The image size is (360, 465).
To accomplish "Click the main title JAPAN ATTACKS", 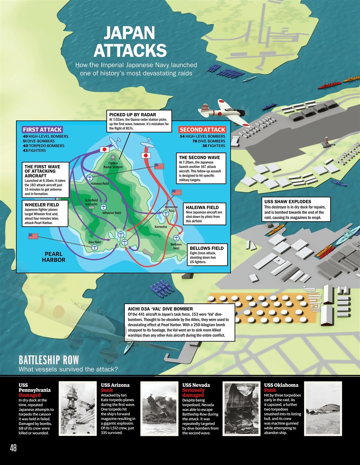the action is (130, 42).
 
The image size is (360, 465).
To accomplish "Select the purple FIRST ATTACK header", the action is (42, 130).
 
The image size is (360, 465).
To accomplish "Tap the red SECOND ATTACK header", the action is (202, 130).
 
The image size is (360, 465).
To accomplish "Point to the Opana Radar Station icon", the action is (113, 158).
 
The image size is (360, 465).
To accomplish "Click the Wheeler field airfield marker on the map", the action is (103, 207).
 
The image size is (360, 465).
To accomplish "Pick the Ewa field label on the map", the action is (95, 242).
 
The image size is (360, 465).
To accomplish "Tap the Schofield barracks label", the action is (91, 202).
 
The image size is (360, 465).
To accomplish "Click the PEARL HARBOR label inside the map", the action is (53, 257).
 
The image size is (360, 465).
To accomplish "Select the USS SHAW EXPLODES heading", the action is (287, 202).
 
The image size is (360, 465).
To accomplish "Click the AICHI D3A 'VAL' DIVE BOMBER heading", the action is (160, 309).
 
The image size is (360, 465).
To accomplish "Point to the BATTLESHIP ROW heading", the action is (49, 360).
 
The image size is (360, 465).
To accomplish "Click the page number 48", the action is (13, 448).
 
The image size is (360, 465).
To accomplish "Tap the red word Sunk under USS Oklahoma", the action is (270, 390).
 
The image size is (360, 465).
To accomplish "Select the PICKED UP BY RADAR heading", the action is (132, 114).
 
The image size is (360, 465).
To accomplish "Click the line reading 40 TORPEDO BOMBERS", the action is (44, 146).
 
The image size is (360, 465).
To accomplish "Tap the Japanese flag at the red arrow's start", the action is (146, 155).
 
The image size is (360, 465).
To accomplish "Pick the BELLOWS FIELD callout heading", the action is (206, 248).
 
